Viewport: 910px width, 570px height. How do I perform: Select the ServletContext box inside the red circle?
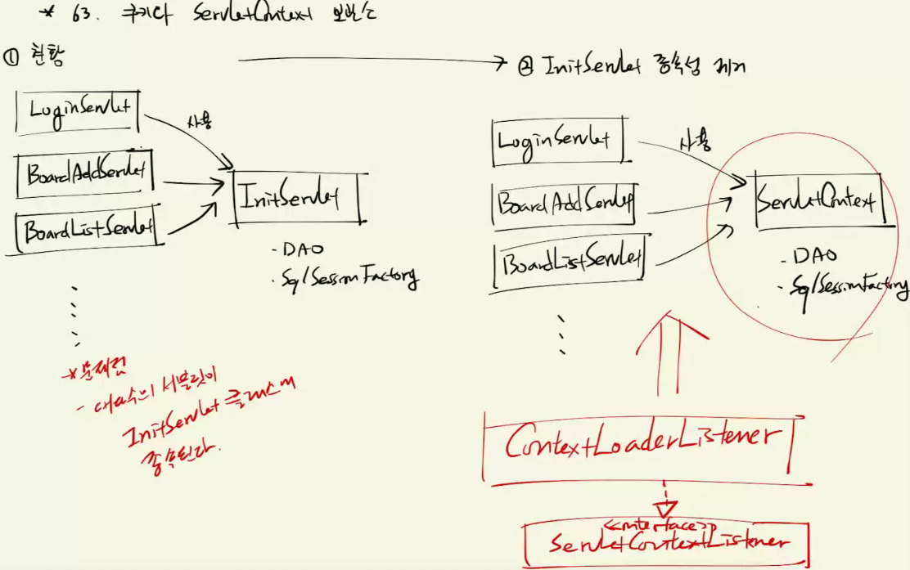(816, 200)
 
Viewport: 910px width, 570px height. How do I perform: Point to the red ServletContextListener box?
(667, 541)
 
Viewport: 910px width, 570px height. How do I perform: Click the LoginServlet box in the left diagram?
(79, 109)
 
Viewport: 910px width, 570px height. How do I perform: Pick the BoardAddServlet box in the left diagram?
(86, 173)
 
